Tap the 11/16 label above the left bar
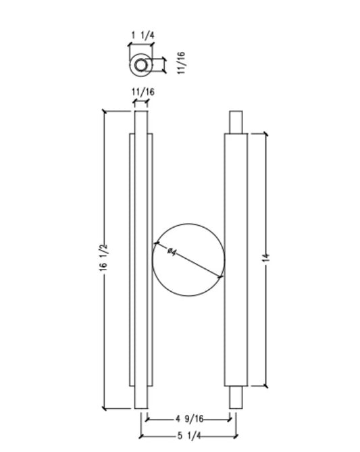click(x=141, y=92)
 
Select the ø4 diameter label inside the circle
click(x=172, y=252)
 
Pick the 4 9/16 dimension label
click(x=188, y=419)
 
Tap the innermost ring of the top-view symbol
click(x=141, y=66)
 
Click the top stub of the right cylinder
click(x=235, y=122)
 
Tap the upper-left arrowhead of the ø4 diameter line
click(x=157, y=243)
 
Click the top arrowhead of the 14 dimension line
click(x=265, y=135)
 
